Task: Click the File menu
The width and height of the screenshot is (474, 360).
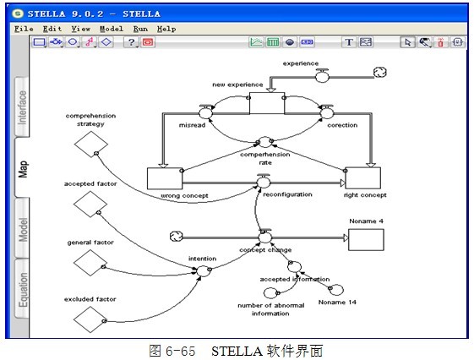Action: point(24,29)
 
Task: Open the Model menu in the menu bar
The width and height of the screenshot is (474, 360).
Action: point(112,29)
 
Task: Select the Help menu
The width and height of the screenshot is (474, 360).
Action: point(166,29)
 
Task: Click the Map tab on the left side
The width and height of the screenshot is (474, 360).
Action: point(22,168)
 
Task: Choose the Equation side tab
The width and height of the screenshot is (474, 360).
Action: point(22,289)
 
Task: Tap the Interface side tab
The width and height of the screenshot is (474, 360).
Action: point(22,107)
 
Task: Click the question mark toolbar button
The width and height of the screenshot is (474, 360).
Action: point(131,42)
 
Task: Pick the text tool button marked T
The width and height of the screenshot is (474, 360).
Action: point(349,42)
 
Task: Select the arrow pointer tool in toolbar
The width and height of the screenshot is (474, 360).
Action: point(407,42)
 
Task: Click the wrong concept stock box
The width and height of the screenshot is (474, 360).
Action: point(165,178)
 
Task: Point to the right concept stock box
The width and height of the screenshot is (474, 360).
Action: point(363,178)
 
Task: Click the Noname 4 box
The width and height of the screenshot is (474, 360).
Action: point(366,240)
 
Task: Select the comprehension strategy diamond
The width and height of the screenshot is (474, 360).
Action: point(91,145)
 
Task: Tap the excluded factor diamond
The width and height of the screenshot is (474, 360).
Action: point(90,319)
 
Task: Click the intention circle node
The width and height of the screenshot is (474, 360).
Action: point(203,270)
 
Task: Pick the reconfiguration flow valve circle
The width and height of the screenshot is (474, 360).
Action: point(264,183)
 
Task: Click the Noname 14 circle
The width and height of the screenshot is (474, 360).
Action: point(336,290)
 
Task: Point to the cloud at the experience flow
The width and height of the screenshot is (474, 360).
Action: point(380,72)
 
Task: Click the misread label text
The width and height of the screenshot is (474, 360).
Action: point(192,125)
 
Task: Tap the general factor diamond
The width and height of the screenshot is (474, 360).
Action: point(90,263)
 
